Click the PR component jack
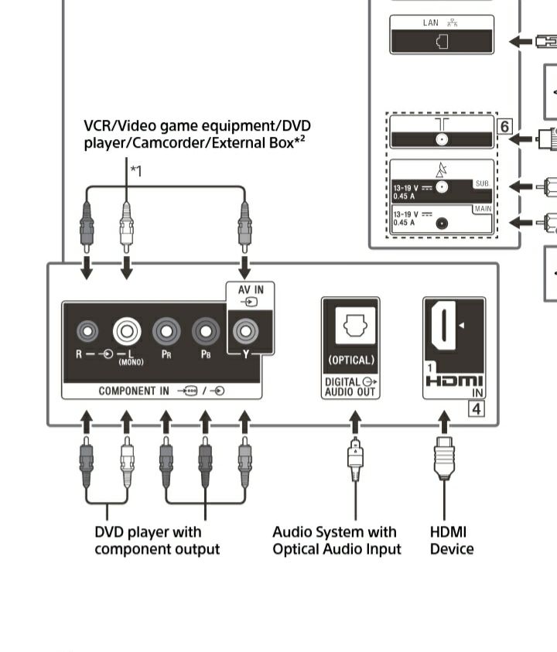166,332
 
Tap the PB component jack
206,332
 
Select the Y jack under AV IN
246,332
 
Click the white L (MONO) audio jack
127,332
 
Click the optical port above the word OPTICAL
350,329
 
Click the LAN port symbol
442,42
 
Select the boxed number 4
477,408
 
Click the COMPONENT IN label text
134,391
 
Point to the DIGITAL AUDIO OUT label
350,387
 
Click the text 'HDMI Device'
452,541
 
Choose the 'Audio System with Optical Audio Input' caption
337,541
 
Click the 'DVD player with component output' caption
157,541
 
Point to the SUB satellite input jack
442,186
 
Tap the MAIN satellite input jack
442,223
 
